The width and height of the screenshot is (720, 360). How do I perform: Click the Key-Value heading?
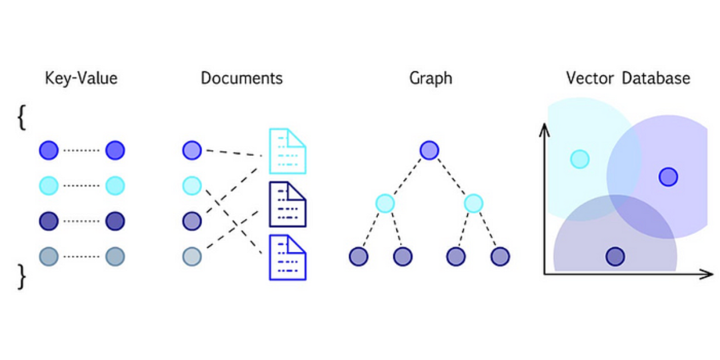coord(81,78)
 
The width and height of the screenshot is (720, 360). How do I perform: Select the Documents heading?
coord(241,78)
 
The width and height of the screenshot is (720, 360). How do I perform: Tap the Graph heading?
coord(431,78)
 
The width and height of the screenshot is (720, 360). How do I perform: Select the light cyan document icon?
coord(287,151)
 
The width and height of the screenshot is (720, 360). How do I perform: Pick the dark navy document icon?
coord(287,204)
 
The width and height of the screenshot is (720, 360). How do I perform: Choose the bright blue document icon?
coord(287,257)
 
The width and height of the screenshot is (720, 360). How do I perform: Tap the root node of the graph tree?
coord(429,150)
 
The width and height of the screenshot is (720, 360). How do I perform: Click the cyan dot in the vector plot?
coord(580,159)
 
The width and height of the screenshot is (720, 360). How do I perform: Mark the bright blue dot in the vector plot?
coord(668,177)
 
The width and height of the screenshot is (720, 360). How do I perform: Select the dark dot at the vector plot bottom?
coord(615,256)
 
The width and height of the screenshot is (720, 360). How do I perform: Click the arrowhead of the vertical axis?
coord(545,128)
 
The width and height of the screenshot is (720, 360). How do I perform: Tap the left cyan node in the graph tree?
coord(385,203)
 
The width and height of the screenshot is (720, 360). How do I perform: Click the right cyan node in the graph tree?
coord(473,203)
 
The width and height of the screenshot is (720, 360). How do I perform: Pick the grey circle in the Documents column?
coord(191,256)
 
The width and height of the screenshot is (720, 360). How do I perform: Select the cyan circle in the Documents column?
coord(191,185)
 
